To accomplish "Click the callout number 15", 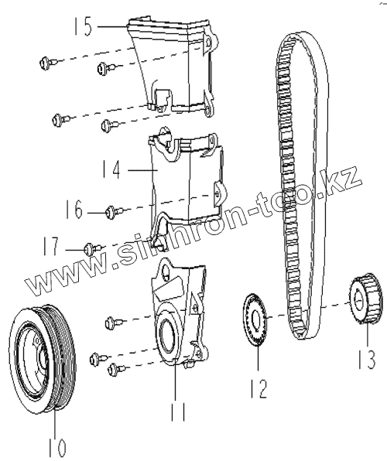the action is [x=84, y=26].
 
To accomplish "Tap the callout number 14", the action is [x=111, y=169].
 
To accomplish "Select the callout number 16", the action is [x=74, y=210].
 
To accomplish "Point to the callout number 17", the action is [x=51, y=246].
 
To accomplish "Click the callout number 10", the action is [x=57, y=447].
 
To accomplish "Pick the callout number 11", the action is [x=178, y=411].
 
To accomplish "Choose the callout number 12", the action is [x=259, y=388].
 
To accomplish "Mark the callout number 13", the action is [x=368, y=360].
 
